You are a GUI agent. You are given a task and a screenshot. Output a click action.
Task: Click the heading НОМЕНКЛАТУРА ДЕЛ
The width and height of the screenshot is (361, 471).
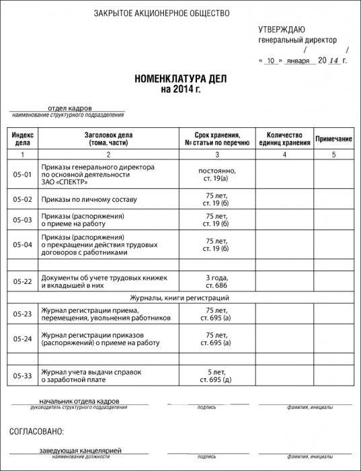coord(179,79)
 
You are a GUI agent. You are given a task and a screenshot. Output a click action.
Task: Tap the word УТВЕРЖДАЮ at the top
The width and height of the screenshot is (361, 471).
coord(282,29)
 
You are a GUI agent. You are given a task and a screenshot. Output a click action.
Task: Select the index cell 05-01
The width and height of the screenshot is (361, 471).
coord(22,174)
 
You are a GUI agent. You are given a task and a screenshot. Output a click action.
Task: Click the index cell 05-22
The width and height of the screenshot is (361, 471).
coord(22,281)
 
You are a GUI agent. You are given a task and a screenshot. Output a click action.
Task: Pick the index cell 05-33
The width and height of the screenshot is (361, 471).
coord(22,375)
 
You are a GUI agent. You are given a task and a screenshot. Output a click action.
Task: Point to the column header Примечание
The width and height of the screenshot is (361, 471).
coord(334,139)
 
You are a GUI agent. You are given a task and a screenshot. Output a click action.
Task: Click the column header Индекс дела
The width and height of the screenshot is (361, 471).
coord(22,139)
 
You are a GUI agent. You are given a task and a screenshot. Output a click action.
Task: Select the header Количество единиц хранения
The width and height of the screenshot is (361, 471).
coord(284,139)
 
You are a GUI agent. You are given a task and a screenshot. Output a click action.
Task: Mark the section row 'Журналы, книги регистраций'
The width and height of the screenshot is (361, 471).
coord(179,297)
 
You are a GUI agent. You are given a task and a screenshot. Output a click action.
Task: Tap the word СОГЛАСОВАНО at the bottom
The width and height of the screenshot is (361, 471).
coord(37,431)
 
